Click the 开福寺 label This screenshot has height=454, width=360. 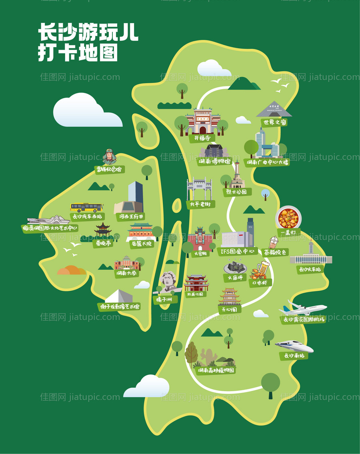(202, 138)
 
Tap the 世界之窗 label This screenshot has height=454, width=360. (275, 122)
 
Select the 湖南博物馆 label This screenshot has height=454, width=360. (215, 162)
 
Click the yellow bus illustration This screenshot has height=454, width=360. (86, 207)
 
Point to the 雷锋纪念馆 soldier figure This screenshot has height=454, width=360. (109, 157)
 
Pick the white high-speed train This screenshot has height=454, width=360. (294, 346)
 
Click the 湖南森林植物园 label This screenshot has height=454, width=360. (216, 370)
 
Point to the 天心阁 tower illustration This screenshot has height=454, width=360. (230, 296)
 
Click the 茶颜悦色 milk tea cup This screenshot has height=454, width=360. (273, 242)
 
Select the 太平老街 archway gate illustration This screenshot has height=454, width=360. (199, 188)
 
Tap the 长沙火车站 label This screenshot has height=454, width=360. (310, 269)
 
